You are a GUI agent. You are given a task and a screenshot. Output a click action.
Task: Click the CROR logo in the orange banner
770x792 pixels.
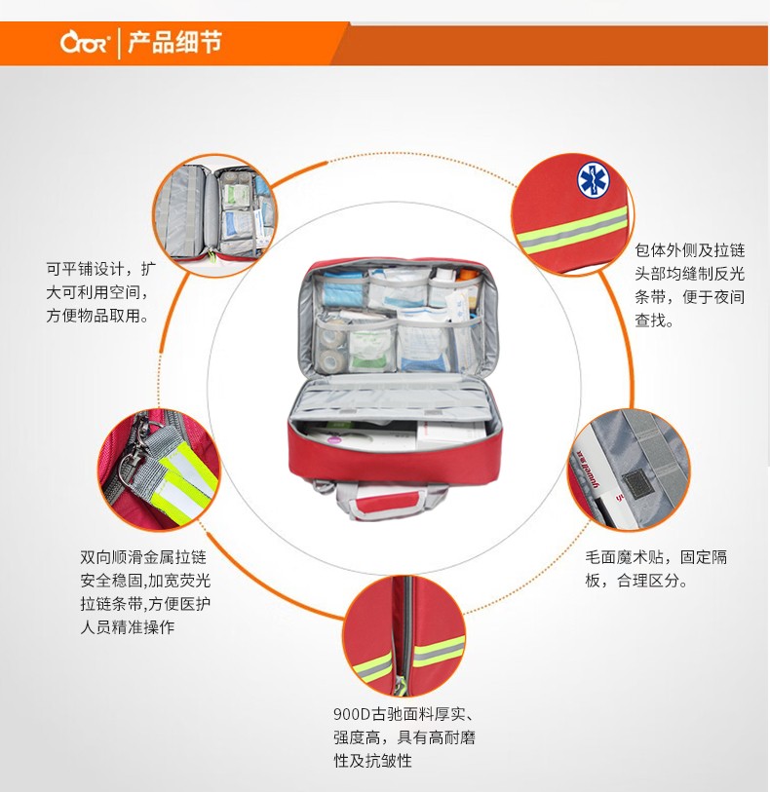(85, 43)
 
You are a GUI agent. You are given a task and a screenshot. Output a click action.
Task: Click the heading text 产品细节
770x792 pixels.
(174, 42)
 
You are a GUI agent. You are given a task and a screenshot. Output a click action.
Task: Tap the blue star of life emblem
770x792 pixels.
(594, 180)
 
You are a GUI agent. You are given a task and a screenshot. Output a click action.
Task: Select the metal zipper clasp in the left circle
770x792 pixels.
(133, 455)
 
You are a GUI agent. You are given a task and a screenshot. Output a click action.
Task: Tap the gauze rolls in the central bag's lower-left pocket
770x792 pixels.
(332, 349)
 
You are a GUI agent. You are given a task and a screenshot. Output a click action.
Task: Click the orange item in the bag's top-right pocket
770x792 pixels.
(467, 277)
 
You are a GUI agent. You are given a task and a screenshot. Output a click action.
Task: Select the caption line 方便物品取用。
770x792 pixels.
(98, 316)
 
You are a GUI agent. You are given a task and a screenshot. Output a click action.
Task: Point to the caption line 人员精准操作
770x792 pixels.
(128, 627)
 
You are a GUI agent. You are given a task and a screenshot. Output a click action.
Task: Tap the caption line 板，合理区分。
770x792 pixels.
(636, 581)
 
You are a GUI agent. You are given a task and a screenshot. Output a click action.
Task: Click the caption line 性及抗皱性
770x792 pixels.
(372, 761)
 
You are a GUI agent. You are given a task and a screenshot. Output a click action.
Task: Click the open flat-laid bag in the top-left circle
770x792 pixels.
(215, 212)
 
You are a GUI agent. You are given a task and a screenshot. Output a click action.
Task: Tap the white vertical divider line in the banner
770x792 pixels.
(119, 44)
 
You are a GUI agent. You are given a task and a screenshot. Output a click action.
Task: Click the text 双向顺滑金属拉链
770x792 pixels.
(143, 557)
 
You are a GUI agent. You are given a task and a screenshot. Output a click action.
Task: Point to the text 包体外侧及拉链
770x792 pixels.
(690, 250)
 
